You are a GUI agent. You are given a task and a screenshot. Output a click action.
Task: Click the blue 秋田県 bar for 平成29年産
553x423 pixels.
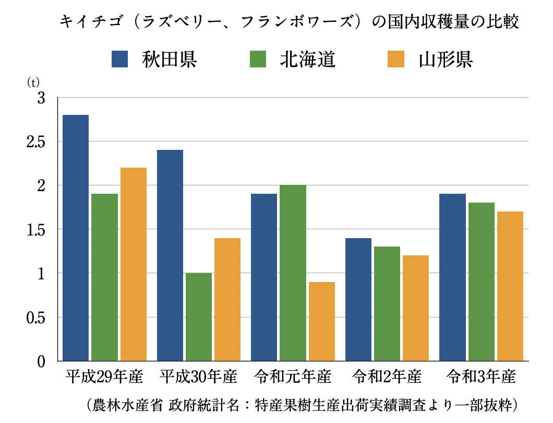click(x=76, y=238)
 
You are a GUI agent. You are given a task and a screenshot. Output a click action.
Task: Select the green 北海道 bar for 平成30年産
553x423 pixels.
click(x=198, y=316)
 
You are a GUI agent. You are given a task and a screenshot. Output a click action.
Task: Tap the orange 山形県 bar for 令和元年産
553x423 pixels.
click(x=321, y=321)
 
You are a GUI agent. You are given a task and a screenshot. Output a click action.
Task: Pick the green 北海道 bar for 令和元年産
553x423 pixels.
click(x=293, y=273)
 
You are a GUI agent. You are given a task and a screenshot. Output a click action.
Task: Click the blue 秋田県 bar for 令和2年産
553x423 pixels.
click(x=358, y=299)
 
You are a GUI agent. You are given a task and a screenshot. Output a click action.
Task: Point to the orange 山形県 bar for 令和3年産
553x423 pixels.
click(x=510, y=286)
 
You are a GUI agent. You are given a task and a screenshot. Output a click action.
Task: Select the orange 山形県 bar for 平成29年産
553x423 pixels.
click(x=133, y=264)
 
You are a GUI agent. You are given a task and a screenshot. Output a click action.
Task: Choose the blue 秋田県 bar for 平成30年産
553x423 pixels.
click(x=170, y=255)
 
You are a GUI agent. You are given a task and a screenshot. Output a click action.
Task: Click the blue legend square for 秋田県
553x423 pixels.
click(x=121, y=59)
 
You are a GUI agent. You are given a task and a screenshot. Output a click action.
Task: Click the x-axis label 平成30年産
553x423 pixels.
click(x=198, y=377)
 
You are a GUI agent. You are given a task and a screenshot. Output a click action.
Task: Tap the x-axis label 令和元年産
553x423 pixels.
click(x=293, y=377)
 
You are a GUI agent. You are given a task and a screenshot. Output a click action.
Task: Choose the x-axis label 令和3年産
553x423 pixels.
click(x=481, y=377)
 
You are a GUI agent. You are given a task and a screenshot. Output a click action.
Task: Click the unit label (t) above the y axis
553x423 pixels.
click(x=33, y=83)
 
